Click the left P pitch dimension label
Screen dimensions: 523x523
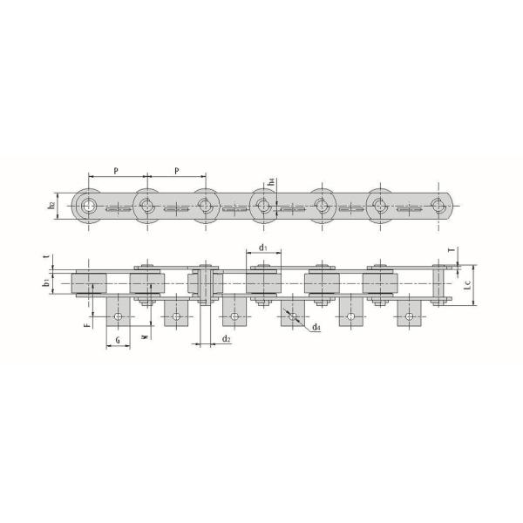pos(116,168)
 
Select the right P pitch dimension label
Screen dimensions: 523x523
pos(176,168)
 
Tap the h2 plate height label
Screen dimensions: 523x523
pos(52,206)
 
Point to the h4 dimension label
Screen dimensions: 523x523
pos(272,183)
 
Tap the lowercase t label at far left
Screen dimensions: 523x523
pos(44,259)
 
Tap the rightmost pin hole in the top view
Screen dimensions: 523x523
pos(439,206)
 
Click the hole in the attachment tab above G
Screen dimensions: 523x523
pos(118,316)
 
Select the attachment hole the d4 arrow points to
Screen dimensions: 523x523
pos(293,316)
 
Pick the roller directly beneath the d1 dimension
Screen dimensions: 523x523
pos(264,283)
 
